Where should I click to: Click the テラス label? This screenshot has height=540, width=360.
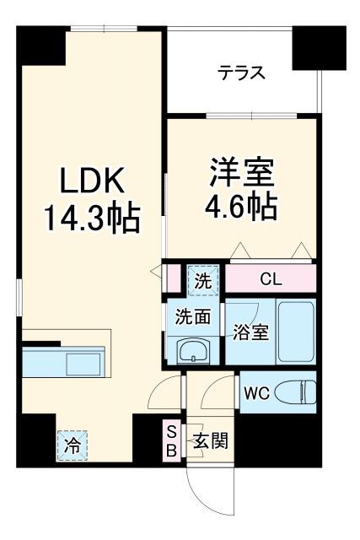click(x=242, y=73)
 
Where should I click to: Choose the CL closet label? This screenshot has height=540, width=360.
click(x=270, y=279)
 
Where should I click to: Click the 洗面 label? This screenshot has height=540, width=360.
click(x=193, y=318)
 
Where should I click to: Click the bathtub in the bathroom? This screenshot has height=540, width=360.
click(x=296, y=331)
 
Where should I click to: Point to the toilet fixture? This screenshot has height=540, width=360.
click(x=298, y=390)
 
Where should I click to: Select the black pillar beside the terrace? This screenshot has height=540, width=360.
click(x=319, y=48)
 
